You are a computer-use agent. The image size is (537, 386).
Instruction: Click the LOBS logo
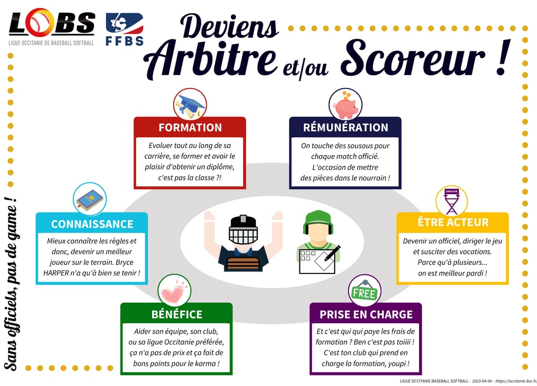(51, 25)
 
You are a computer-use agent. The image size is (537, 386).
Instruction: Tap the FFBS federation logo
(124, 29)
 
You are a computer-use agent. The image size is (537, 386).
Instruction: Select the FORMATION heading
(190, 127)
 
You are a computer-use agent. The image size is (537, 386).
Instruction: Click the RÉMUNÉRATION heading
(346, 127)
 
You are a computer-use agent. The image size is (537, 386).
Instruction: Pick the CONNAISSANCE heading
(92, 224)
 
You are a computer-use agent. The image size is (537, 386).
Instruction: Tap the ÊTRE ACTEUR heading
(453, 222)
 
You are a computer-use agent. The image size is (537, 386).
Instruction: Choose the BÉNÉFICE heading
(176, 314)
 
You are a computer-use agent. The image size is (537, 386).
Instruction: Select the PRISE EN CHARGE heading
(366, 314)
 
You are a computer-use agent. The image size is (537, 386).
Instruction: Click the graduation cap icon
(190, 105)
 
